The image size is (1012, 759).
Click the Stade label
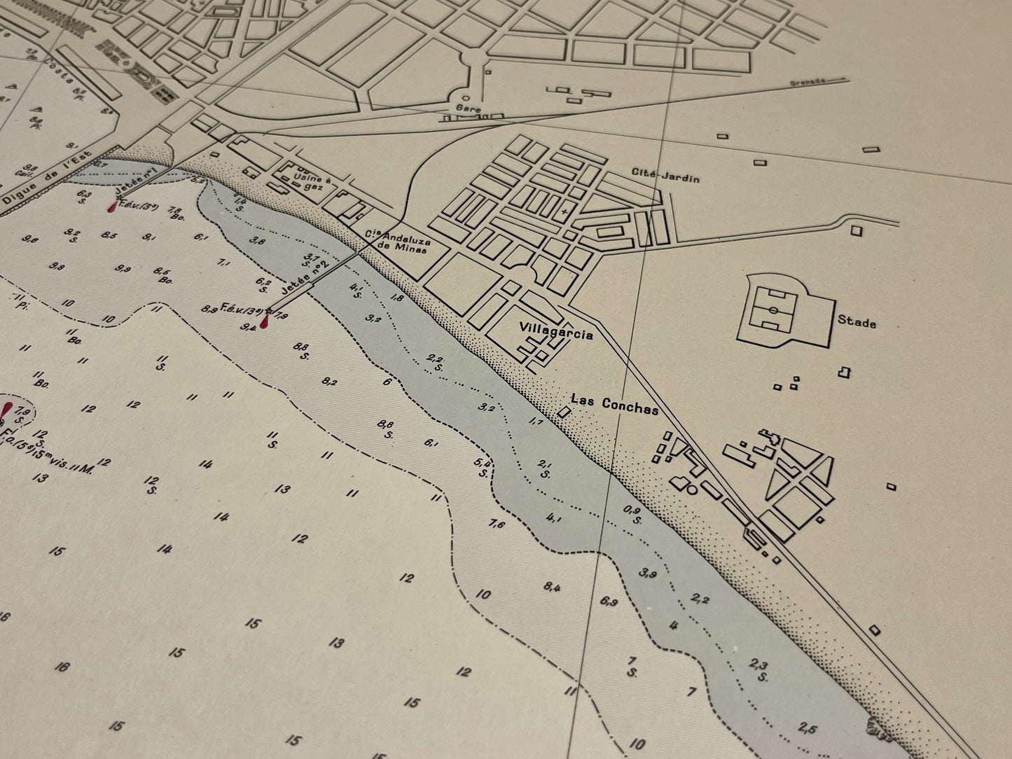coord(857,323)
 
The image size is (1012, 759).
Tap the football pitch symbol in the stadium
coord(773,309)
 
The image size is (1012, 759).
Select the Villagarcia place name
coord(556,334)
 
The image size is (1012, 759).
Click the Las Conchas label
coord(614,405)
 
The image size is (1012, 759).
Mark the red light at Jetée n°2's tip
coord(264,322)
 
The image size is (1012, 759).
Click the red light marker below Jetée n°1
coord(114,207)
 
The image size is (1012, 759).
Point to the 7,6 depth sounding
coord(497,523)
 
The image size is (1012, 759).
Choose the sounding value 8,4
coord(552,587)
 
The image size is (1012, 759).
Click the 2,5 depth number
coord(807,728)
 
